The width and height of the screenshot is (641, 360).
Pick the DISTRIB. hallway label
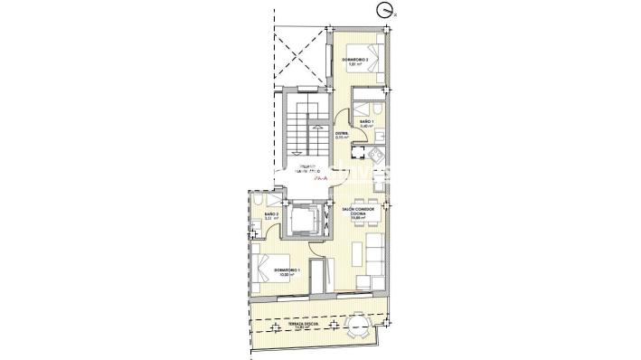click(342, 136)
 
